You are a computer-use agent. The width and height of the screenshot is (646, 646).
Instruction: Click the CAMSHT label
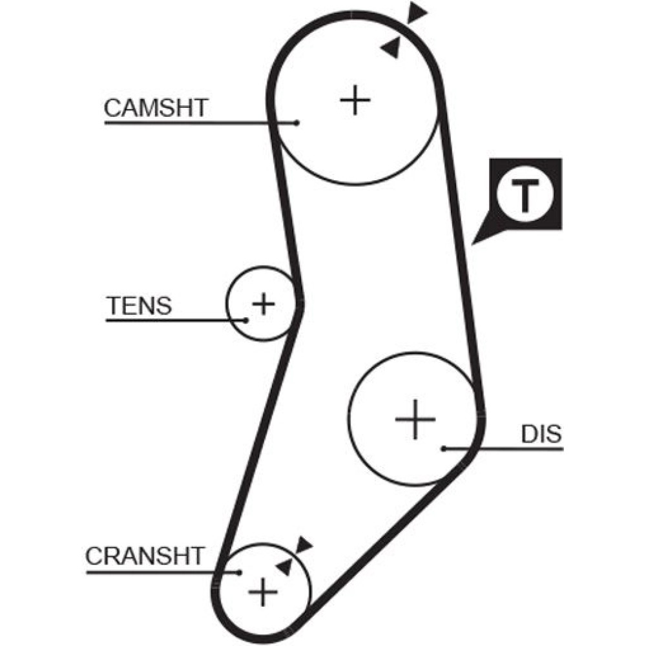coord(156,107)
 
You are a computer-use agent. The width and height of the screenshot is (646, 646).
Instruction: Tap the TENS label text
coord(140,305)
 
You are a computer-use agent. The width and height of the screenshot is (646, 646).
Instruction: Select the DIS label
coord(541,434)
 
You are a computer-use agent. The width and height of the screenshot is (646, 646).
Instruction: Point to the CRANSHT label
coord(145,556)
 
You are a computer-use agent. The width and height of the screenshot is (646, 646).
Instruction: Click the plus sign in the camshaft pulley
coord(354,100)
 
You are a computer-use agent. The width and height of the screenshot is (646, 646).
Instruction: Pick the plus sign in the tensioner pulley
coord(263,303)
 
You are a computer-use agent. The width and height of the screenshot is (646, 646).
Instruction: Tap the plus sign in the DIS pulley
coord(415,420)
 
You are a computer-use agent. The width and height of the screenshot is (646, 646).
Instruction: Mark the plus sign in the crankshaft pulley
coord(263,590)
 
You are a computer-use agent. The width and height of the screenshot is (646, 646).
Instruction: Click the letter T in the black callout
coord(526,197)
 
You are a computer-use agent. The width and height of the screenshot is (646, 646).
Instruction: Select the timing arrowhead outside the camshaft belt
coord(417,12)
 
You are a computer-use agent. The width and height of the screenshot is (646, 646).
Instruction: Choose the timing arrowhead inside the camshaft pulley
coord(390,47)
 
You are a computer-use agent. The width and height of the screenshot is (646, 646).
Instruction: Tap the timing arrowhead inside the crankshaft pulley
coord(284,567)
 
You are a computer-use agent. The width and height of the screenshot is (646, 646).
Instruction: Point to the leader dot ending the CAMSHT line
coord(296,122)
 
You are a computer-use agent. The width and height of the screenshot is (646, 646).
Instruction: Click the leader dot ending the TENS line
coord(246,320)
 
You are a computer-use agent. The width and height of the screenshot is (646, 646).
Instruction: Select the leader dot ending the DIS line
coord(444,448)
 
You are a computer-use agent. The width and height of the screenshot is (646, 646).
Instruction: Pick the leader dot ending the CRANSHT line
coord(239,572)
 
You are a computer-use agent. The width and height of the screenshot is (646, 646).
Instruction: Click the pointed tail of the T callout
coord(475,242)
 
